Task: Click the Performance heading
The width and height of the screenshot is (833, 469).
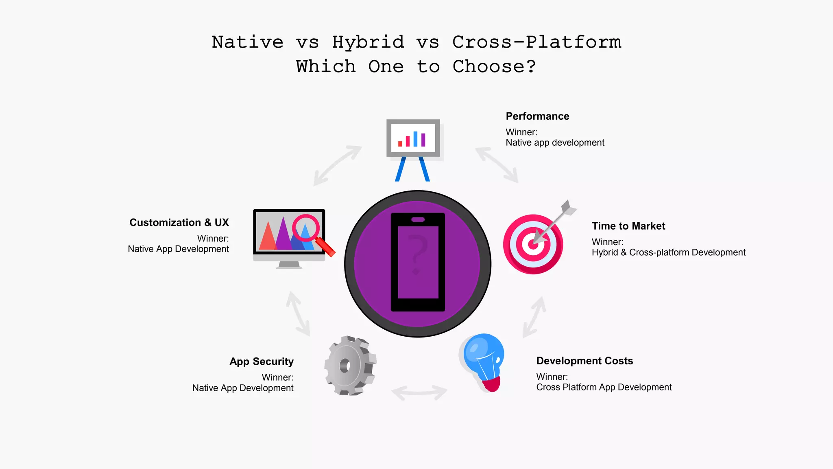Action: point(537,116)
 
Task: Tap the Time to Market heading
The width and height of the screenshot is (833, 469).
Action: point(628,226)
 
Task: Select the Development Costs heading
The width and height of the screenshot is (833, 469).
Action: point(584,361)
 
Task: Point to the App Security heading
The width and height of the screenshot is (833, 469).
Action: point(262,362)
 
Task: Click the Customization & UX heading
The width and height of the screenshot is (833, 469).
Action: point(179,223)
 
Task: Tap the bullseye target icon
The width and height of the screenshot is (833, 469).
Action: point(533,244)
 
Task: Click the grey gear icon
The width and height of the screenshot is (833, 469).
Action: point(350,365)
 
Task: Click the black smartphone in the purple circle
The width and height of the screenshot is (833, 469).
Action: point(418,263)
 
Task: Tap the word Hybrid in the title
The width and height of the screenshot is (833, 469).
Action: point(368,42)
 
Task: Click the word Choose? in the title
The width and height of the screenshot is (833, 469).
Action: point(494,67)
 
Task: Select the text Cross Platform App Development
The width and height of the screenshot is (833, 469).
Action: point(604,388)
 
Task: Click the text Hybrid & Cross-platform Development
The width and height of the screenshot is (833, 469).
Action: point(668,253)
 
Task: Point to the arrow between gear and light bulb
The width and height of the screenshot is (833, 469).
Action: point(419,392)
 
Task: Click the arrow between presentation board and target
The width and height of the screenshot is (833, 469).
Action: point(497,165)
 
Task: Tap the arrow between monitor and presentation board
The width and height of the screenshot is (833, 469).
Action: point(338,166)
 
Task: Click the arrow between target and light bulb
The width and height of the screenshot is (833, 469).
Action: point(534,317)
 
